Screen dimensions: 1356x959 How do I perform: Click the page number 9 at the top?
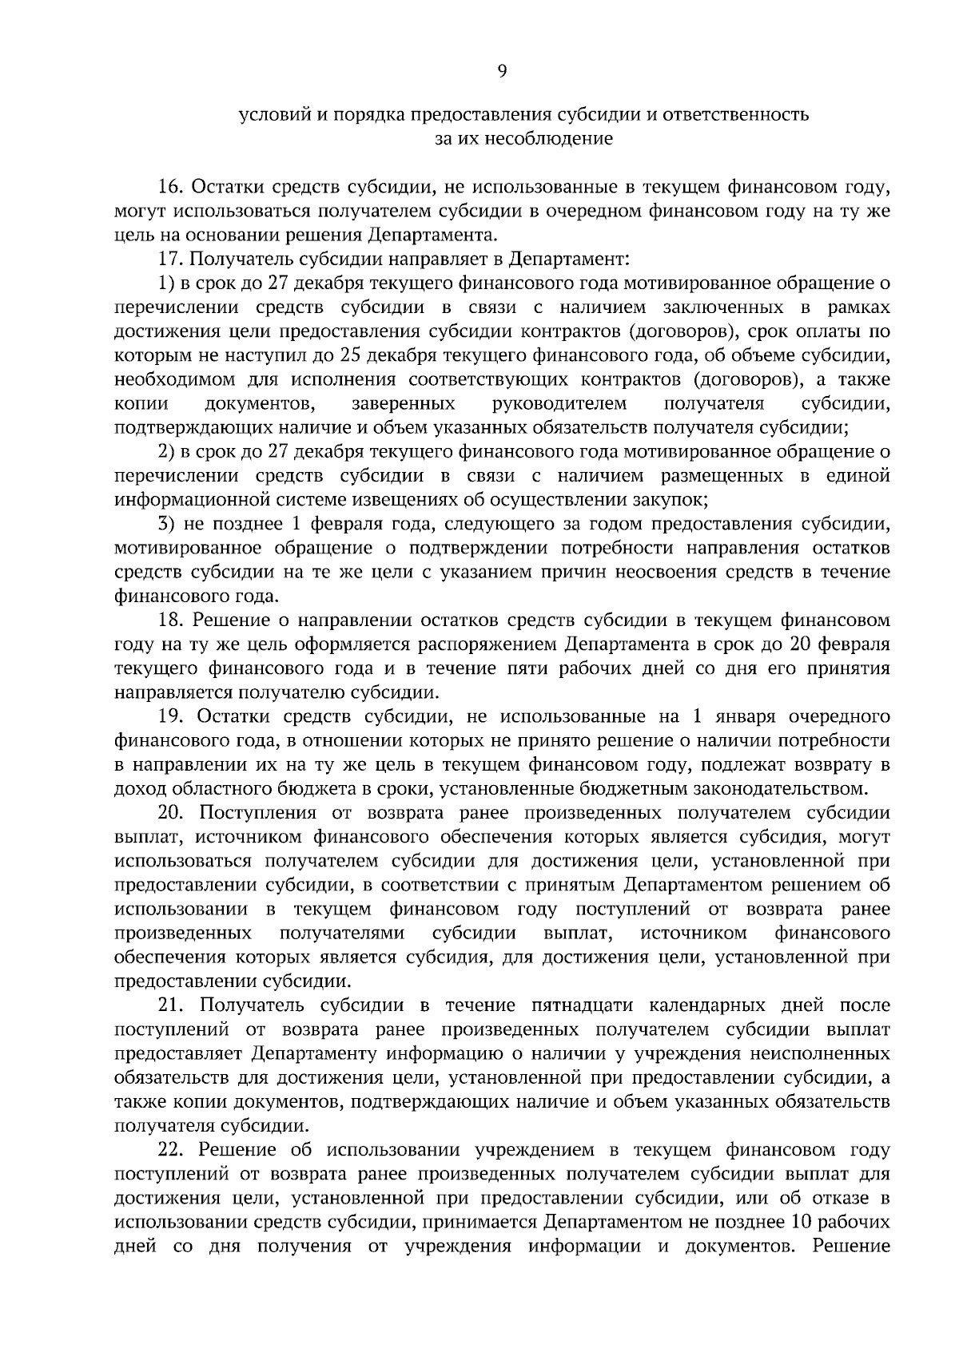tap(502, 72)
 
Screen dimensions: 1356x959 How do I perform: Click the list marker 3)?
tap(166, 525)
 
